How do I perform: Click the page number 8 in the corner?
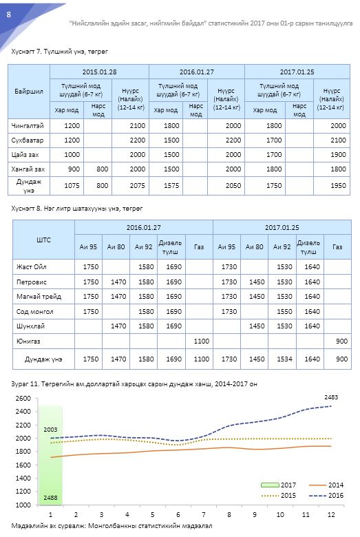tap(9, 14)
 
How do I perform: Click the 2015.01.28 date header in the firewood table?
tap(99, 72)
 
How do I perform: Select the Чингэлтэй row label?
tap(28, 126)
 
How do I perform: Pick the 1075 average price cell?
tap(72, 186)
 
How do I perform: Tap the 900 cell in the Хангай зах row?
tap(74, 169)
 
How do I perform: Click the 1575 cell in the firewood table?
tap(171, 186)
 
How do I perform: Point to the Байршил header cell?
tap(29, 92)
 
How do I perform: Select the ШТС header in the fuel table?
tap(43, 240)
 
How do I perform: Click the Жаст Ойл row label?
tap(32, 267)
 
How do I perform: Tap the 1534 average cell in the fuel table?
tap(284, 359)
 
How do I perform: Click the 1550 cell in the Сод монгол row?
tap(284, 311)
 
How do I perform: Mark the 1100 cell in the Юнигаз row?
tap(202, 341)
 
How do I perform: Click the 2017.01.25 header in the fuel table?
tap(282, 227)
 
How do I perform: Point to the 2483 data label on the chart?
tap(331, 397)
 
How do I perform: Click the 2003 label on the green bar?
tap(51, 430)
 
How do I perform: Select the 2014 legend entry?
tap(326, 485)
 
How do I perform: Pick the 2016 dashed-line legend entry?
tap(326, 495)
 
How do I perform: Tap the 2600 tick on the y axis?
tap(23, 399)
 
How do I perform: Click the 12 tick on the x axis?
tap(331, 514)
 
